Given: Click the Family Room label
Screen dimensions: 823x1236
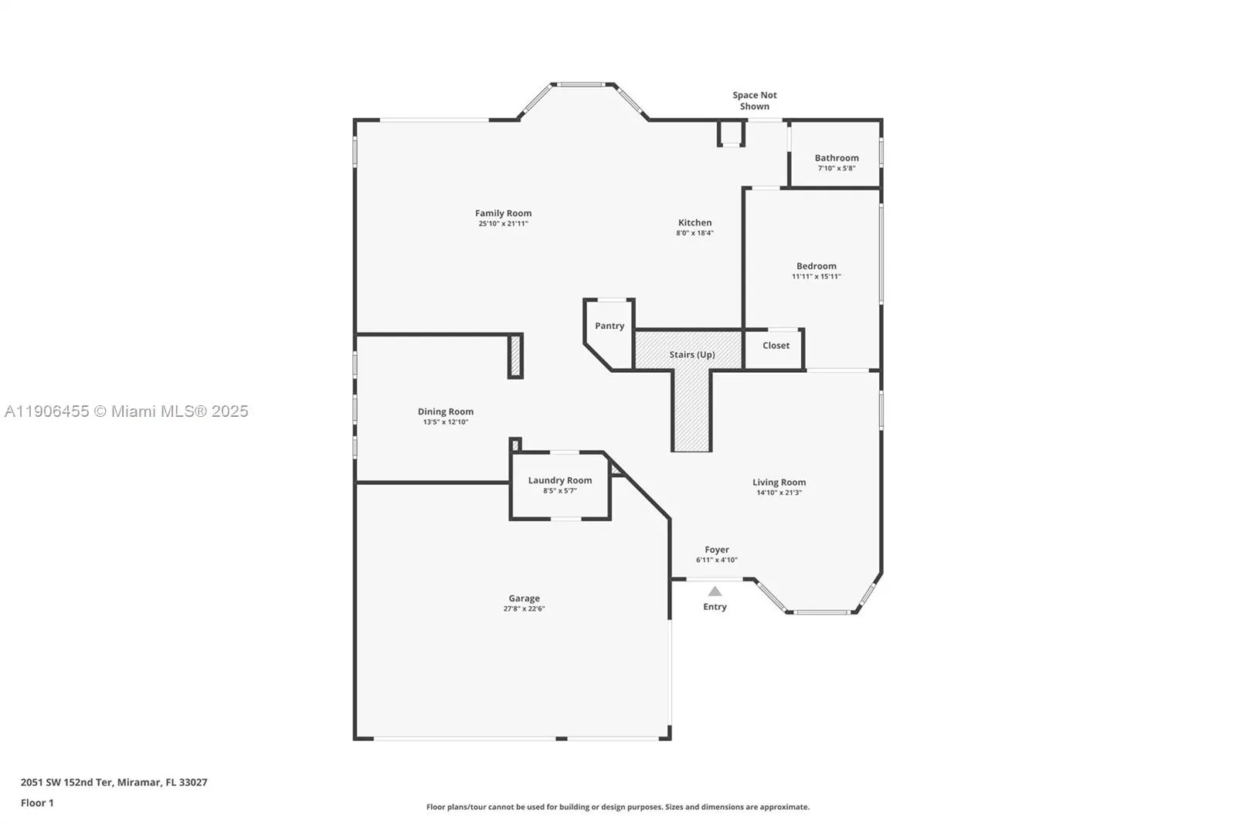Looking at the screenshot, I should [x=503, y=213].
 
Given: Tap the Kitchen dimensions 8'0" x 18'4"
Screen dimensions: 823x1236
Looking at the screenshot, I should [x=694, y=232].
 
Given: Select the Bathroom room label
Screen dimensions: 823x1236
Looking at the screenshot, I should [x=837, y=157].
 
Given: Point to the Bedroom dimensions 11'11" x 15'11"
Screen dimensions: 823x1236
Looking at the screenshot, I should [x=816, y=276].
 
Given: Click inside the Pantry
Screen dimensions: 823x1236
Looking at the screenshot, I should [x=610, y=326].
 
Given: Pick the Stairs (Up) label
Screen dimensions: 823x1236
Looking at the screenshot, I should [x=691, y=354].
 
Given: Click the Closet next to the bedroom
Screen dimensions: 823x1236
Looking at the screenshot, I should [x=776, y=345].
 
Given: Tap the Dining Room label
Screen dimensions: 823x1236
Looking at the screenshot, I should [x=446, y=411].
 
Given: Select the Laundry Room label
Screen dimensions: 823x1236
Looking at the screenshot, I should [x=560, y=480].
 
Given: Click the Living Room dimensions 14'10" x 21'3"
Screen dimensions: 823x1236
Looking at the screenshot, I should [x=779, y=493].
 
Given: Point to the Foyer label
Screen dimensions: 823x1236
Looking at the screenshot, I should [x=717, y=550].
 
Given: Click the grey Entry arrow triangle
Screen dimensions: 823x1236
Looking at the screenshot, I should [x=715, y=591].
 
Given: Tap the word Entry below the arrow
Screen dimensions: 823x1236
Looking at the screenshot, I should [x=715, y=607].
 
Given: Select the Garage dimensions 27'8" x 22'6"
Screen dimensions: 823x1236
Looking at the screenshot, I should [x=524, y=608].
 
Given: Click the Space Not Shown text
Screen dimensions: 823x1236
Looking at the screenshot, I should [x=755, y=100].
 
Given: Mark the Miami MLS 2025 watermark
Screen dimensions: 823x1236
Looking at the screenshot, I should [x=127, y=411].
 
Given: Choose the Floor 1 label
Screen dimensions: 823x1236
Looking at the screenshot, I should [x=37, y=803].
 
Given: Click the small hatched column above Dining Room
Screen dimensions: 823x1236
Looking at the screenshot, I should [x=515, y=356].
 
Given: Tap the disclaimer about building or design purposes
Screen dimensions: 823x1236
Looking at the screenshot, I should [x=618, y=807].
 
